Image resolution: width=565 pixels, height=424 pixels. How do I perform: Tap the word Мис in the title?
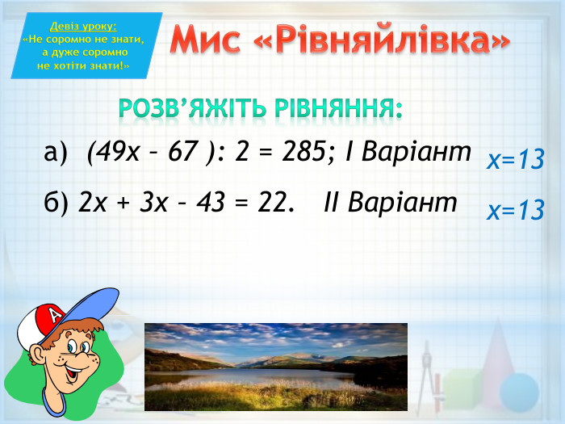point(208,40)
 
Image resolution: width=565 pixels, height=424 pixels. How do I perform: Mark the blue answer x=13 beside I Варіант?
point(515,160)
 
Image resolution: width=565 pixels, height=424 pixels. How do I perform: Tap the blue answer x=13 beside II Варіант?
point(515,211)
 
